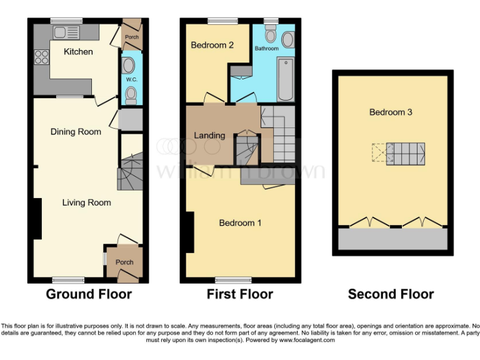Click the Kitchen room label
tap(78, 52)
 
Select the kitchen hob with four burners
tap(42, 57)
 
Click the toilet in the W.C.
tap(131, 95)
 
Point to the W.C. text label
tap(131, 79)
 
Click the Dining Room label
tap(76, 132)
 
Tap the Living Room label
tap(86, 202)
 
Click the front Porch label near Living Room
tap(124, 262)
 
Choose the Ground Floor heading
tap(89, 294)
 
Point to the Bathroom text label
tap(266, 48)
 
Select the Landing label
tap(209, 135)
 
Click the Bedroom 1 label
tap(240, 222)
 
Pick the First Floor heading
tap(240, 294)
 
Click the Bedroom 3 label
tap(391, 112)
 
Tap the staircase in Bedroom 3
tap(405, 153)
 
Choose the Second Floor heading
tap(391, 294)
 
